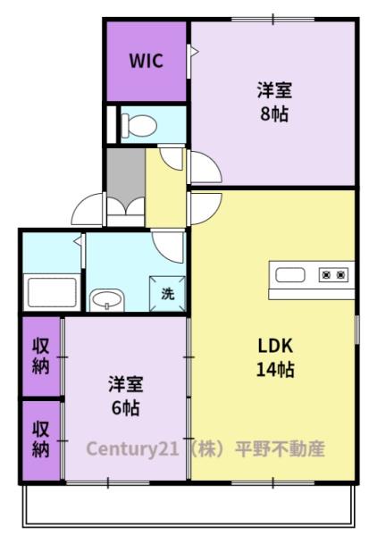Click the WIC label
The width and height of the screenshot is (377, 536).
pos(146,61)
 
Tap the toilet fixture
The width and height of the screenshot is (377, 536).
pos(139,125)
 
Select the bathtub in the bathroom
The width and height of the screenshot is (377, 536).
pos(52,292)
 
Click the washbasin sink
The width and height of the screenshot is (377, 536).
pos(107,300)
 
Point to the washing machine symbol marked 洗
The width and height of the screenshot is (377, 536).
pos(167,293)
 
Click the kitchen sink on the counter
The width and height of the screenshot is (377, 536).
pos(290,275)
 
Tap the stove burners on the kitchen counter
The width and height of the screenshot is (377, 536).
pos(333,274)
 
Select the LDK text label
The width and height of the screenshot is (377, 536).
pos(275,346)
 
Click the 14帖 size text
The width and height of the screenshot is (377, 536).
pos(275,370)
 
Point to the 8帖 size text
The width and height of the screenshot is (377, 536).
pos(274,113)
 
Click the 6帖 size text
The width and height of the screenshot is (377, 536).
pos(125,407)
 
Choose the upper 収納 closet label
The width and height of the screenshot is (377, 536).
pos(41,356)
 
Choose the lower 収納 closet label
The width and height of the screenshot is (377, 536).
pos(41,440)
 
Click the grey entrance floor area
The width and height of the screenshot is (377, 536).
pos(125,174)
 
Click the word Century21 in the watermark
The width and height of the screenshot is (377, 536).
pos(132,448)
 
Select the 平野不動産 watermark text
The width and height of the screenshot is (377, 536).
pos(280,448)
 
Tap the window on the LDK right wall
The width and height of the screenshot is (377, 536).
pos(356,330)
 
